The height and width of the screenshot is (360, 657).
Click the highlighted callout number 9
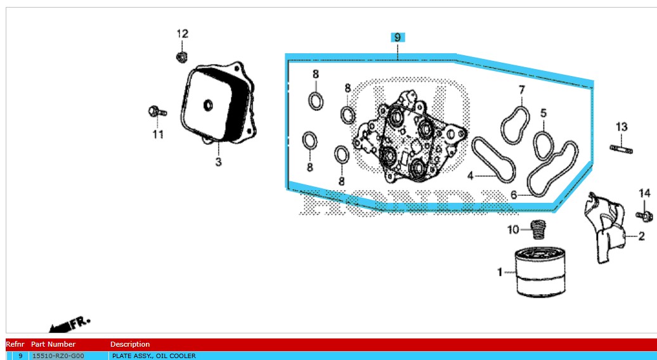pyautogui.click(x=397, y=37)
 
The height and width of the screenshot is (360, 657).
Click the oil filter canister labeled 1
pyautogui.click(x=540, y=272)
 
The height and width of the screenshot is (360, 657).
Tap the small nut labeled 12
pyautogui.click(x=181, y=56)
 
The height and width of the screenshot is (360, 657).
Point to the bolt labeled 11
pyautogui.click(x=157, y=112)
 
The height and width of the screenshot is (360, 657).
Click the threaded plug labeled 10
pyautogui.click(x=538, y=229)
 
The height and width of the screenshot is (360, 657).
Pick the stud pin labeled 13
pyautogui.click(x=621, y=148)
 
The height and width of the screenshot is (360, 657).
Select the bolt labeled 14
pyautogui.click(x=644, y=216)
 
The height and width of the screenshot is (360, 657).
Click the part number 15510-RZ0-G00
pyautogui.click(x=58, y=356)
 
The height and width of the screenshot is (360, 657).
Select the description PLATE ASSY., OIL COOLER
pyautogui.click(x=153, y=356)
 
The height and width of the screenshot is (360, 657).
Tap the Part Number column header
pyautogui.click(x=53, y=344)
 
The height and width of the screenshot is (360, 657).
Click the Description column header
pyautogui.click(x=130, y=344)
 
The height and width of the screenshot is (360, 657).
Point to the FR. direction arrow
pyautogui.click(x=69, y=325)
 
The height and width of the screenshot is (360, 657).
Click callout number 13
pyautogui.click(x=621, y=126)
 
